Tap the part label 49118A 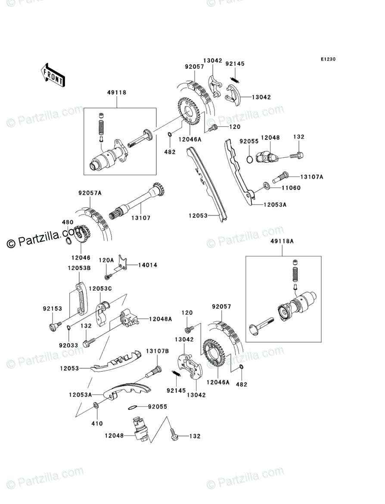coord(283,242)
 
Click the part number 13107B coord(157,351)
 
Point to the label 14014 coord(147,265)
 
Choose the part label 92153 coord(52,308)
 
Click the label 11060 coord(291,188)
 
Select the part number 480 coord(68,222)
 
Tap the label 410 coord(97,423)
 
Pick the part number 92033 coord(69,345)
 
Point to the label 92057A coord(90,193)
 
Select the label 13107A coord(300,177)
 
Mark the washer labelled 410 coord(95,405)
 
